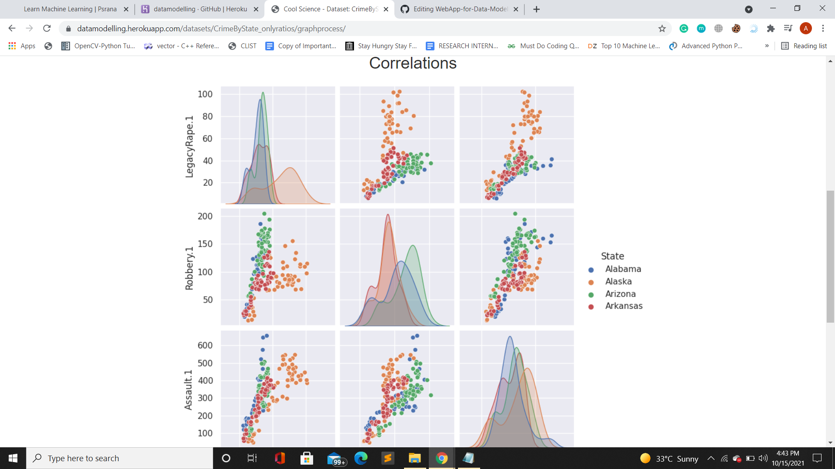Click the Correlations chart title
coord(413,63)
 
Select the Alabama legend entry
coord(623,269)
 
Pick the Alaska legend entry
coord(618,281)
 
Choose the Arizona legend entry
coord(620,294)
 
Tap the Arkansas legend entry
coord(624,306)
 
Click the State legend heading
coord(612,256)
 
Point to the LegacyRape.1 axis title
coord(189,147)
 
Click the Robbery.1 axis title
coord(189,268)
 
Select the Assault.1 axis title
coord(188,390)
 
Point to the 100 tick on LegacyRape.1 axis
coord(205,94)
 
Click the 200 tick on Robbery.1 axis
coord(205,216)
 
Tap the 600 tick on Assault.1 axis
coord(205,346)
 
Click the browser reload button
coord(47,29)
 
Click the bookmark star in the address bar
coord(662,29)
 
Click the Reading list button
coord(804,46)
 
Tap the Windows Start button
coord(13,458)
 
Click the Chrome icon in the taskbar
coord(441,458)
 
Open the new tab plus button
coord(536,9)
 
